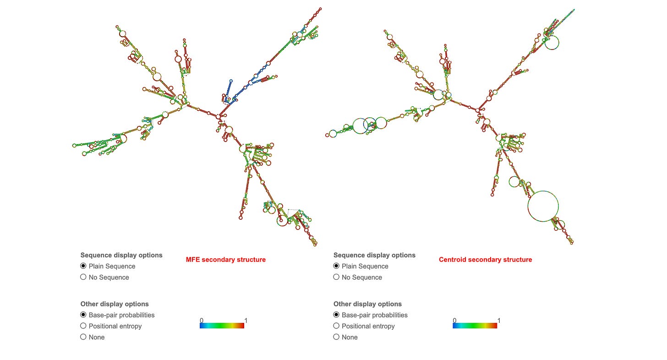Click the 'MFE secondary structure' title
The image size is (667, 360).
coord(225,260)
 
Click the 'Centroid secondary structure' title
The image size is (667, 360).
coord(485,260)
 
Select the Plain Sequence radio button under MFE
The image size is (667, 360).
coord(83,266)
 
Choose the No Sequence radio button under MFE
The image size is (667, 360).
coord(83,277)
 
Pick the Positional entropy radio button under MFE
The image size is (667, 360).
coord(83,326)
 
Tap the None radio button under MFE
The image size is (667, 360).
coord(83,337)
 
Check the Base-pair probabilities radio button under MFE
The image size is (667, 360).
coord(83,315)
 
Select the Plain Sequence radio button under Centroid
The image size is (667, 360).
coord(336,266)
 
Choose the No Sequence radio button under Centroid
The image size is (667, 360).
coord(336,277)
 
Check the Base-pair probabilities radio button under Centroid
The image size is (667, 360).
coord(336,315)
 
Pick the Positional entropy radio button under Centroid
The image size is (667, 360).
coord(336,326)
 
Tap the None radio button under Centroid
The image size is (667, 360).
coord(336,337)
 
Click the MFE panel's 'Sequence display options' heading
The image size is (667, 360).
coord(121,255)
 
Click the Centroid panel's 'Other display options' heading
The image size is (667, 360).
coord(367,304)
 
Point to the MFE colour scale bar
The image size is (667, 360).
coord(222,326)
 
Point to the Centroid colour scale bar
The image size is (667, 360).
coord(475,326)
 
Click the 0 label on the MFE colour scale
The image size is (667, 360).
coord(202,321)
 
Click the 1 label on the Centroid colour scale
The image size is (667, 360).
coord(499,321)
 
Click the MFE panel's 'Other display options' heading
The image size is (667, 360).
coord(115,304)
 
